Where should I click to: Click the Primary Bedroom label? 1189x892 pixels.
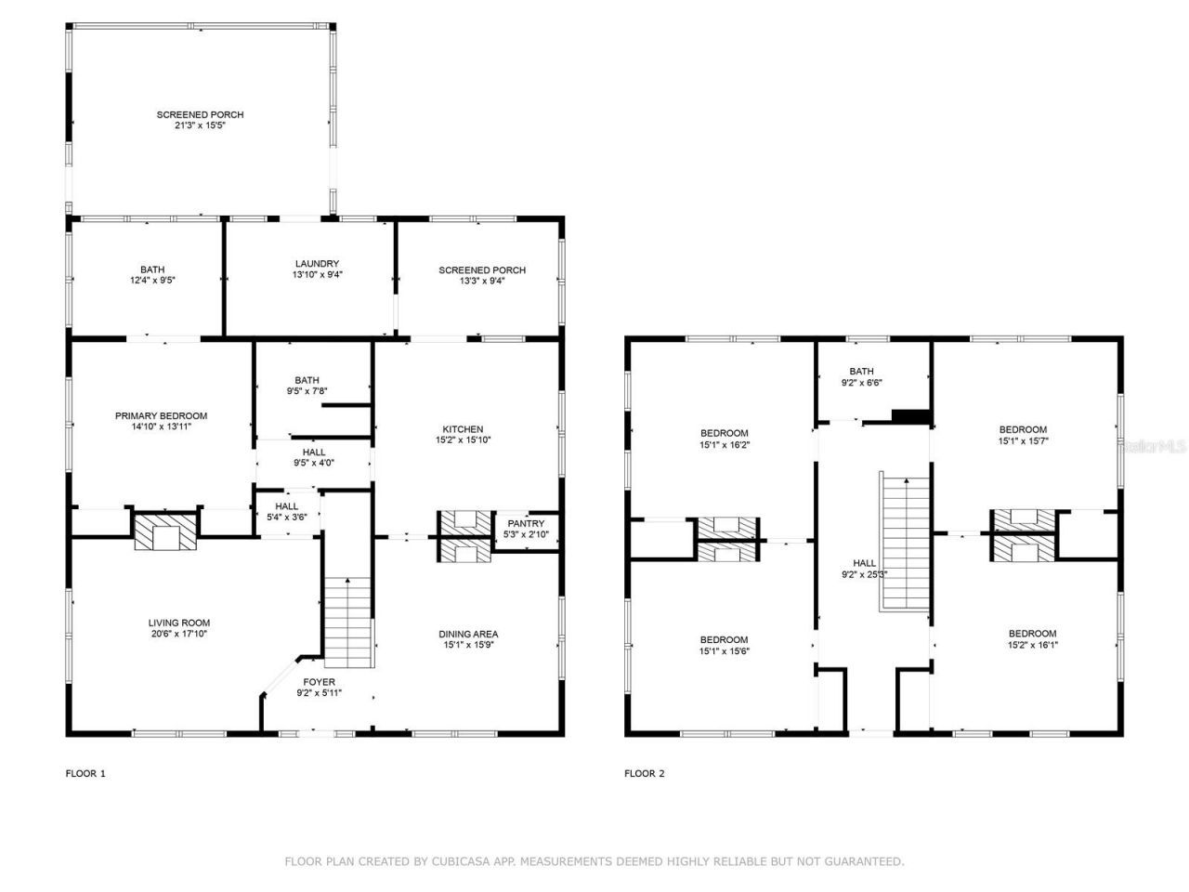(161, 416)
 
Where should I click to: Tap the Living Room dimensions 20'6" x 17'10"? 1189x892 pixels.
(179, 635)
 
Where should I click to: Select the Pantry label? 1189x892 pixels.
(526, 524)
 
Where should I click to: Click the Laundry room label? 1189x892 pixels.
(317, 264)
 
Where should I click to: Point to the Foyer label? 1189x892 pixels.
(316, 682)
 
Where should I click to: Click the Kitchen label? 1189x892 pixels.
(462, 429)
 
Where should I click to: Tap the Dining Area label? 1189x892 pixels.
(468, 635)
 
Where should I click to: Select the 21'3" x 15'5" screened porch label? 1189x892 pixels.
(200, 115)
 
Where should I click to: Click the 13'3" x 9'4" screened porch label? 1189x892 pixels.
(482, 270)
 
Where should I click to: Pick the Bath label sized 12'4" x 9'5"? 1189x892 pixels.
(152, 269)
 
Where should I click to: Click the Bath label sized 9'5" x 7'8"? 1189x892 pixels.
(307, 380)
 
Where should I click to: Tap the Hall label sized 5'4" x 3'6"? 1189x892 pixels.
(286, 506)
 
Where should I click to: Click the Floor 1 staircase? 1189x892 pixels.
(347, 623)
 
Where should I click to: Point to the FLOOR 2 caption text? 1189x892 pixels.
(645, 773)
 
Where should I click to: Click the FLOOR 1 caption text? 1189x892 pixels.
(85, 773)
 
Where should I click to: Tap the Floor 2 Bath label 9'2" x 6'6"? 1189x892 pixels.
(861, 372)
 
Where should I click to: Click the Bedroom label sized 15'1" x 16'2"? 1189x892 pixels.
(724, 433)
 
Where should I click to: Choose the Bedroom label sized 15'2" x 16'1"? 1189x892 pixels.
(1032, 634)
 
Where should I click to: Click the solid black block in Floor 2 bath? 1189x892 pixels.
(910, 415)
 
